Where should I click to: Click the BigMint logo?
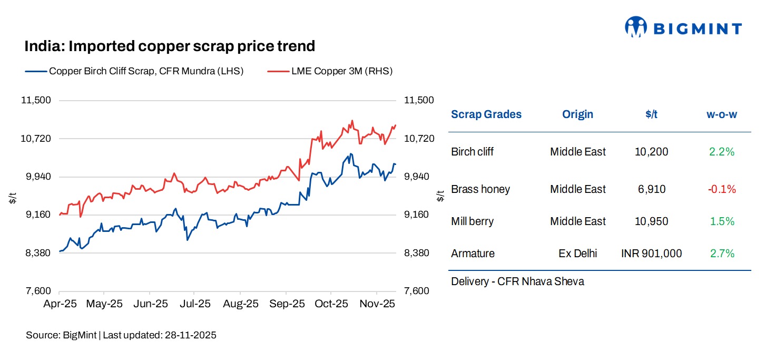[683, 27]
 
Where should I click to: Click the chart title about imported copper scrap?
[170, 46]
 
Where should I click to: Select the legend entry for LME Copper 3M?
[342, 71]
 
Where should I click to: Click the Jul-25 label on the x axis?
[195, 304]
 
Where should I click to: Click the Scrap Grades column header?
[486, 114]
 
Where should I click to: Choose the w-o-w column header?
[722, 114]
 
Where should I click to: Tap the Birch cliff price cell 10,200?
[651, 152]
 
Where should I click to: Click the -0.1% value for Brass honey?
[722, 189]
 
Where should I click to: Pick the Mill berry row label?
[472, 221]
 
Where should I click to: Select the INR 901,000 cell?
[651, 254]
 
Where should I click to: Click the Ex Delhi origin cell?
[577, 254]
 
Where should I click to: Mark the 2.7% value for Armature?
[722, 254]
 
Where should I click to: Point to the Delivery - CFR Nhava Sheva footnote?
[517, 281]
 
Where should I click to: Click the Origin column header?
[577, 114]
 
